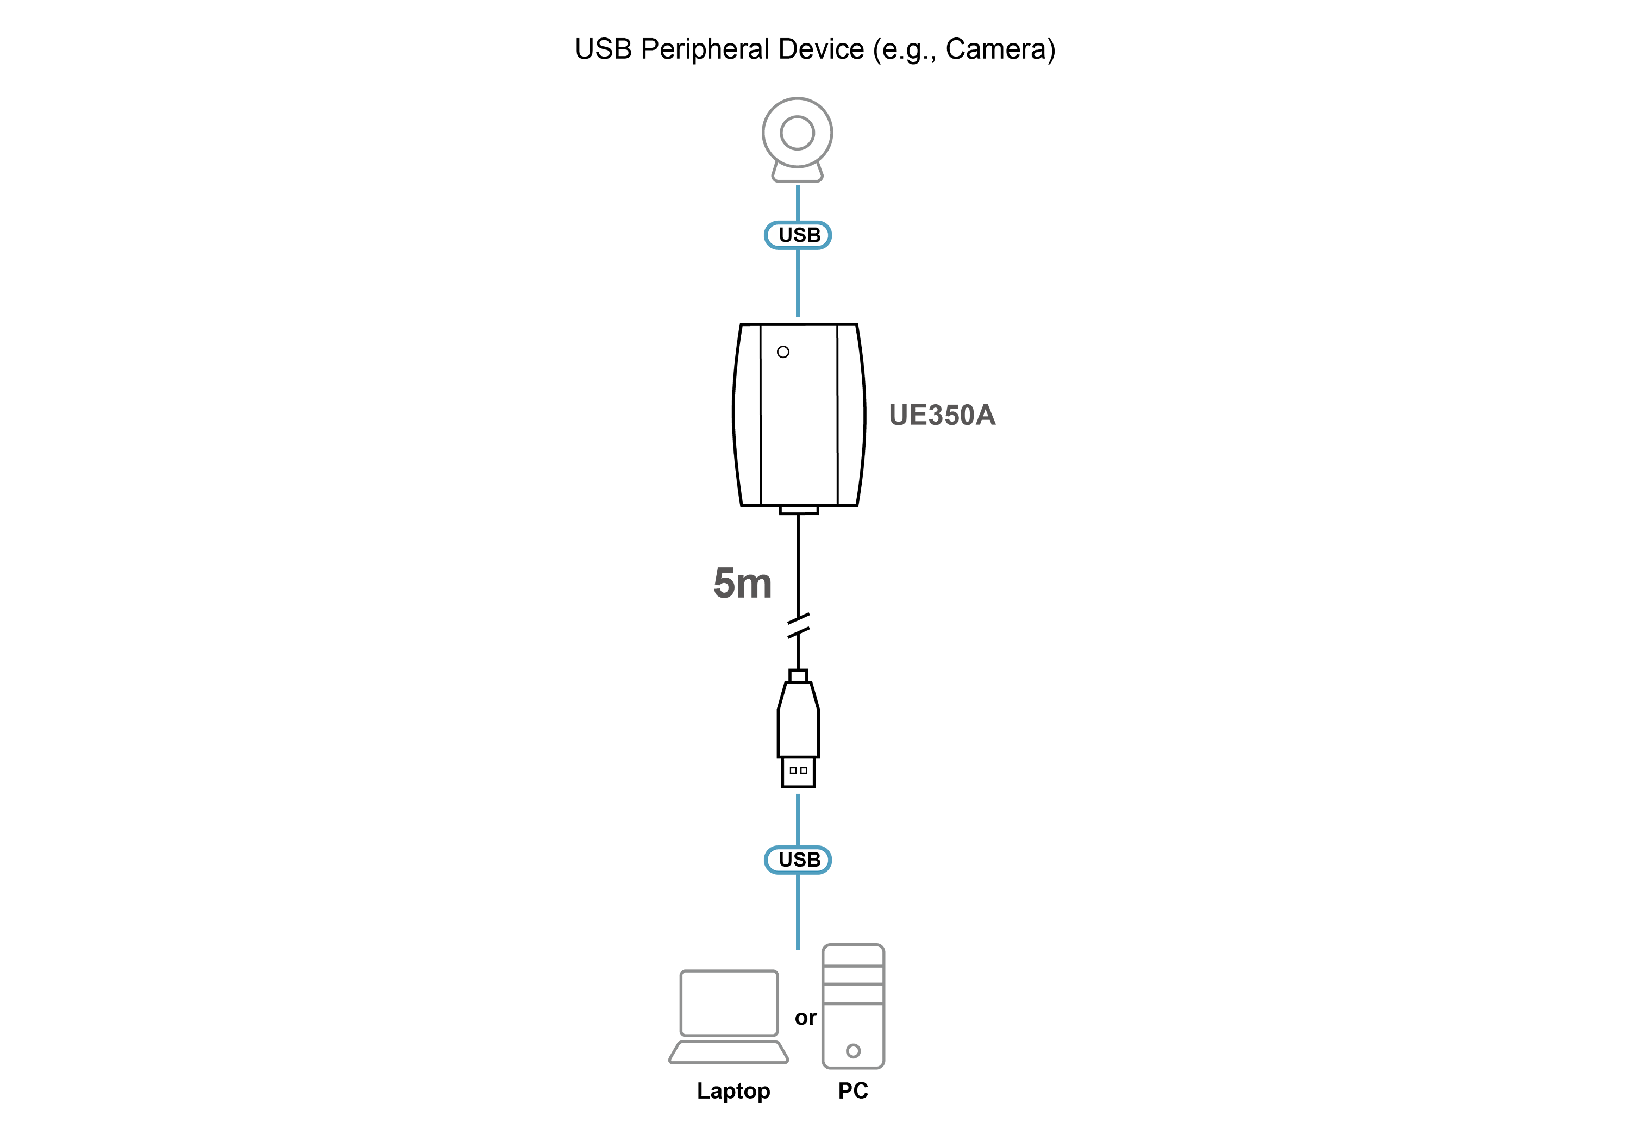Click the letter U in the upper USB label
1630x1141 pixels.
click(x=786, y=235)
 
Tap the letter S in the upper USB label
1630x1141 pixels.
click(x=799, y=235)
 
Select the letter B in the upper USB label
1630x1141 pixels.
click(x=813, y=235)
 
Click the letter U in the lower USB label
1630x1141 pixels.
click(x=786, y=860)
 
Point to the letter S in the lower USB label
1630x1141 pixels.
click(x=799, y=860)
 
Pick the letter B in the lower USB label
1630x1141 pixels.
click(x=813, y=860)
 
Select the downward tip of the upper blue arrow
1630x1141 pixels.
click(x=798, y=317)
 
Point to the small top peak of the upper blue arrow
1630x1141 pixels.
click(x=798, y=186)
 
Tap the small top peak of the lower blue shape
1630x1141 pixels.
click(x=798, y=793)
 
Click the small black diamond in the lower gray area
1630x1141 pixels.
click(x=802, y=1018)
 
